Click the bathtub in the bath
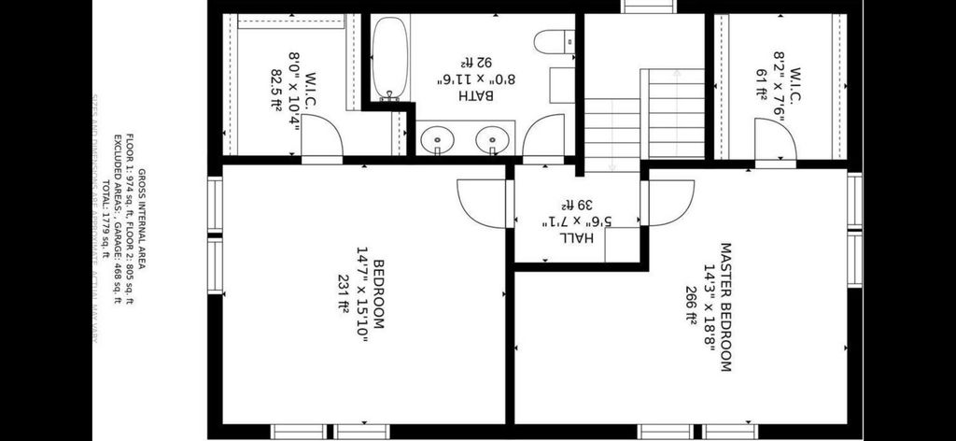[387, 59]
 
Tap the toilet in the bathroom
[556, 42]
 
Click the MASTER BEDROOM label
[724, 306]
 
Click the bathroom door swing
[543, 136]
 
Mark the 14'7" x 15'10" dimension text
[361, 295]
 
